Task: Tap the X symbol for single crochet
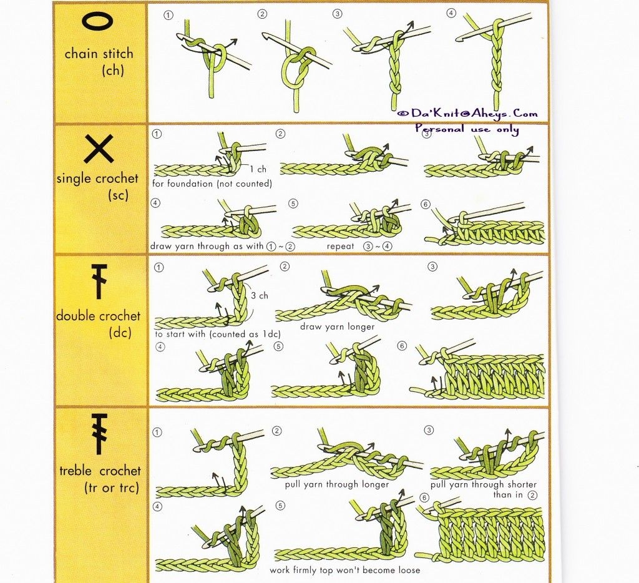tap(99, 149)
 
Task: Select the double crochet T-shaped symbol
tap(99, 282)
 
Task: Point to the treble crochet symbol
tap(99, 434)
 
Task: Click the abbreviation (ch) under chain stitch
tap(112, 71)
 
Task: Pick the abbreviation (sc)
tap(118, 195)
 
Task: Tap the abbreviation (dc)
tap(120, 333)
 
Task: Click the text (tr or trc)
tap(112, 487)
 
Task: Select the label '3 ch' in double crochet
tap(259, 296)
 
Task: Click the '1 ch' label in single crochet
tap(258, 169)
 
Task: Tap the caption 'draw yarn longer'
tap(337, 326)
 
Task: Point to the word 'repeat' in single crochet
tap(340, 247)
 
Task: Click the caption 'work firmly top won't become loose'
tap(344, 570)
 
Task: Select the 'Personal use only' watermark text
tap(467, 129)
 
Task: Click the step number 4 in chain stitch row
tap(451, 13)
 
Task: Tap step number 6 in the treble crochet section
tap(424, 497)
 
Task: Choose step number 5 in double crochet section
tap(278, 346)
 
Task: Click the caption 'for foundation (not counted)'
tap(212, 184)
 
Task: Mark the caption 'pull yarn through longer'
tap(336, 484)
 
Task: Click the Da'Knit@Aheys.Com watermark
tap(467, 113)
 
